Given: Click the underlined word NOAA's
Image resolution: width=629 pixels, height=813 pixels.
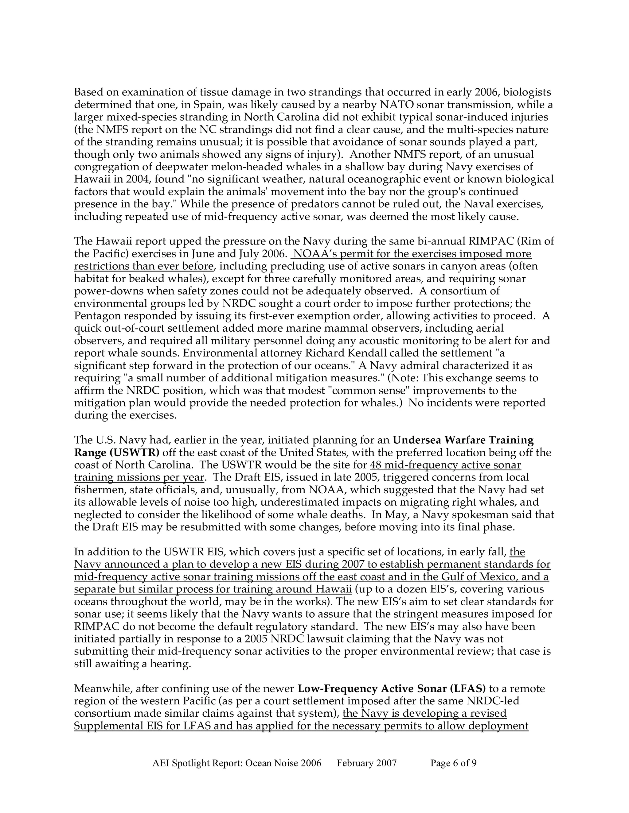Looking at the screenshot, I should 315,254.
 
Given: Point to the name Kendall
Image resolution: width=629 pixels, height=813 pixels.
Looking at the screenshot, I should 422,353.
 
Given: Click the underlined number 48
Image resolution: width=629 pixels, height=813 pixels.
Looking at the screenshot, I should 376,465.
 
